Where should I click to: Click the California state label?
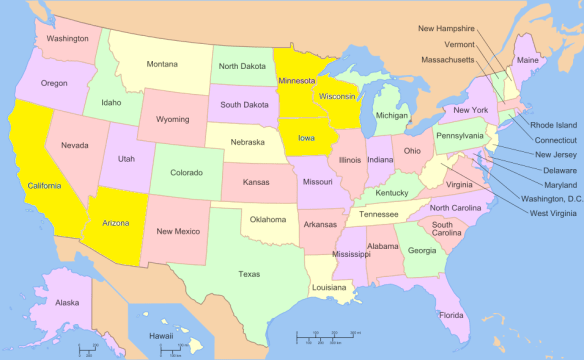pos(44,186)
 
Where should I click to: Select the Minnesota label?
pos(297,80)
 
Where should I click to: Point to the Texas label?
pos(249,273)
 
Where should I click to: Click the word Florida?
pos(451,316)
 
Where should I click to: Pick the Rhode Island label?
pos(552,125)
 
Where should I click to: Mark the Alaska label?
pos(67,302)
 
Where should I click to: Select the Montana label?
pos(162,65)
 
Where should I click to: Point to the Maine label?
pos(527,61)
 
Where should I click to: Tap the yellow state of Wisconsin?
pos(338,98)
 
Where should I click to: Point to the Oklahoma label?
pos(268,219)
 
